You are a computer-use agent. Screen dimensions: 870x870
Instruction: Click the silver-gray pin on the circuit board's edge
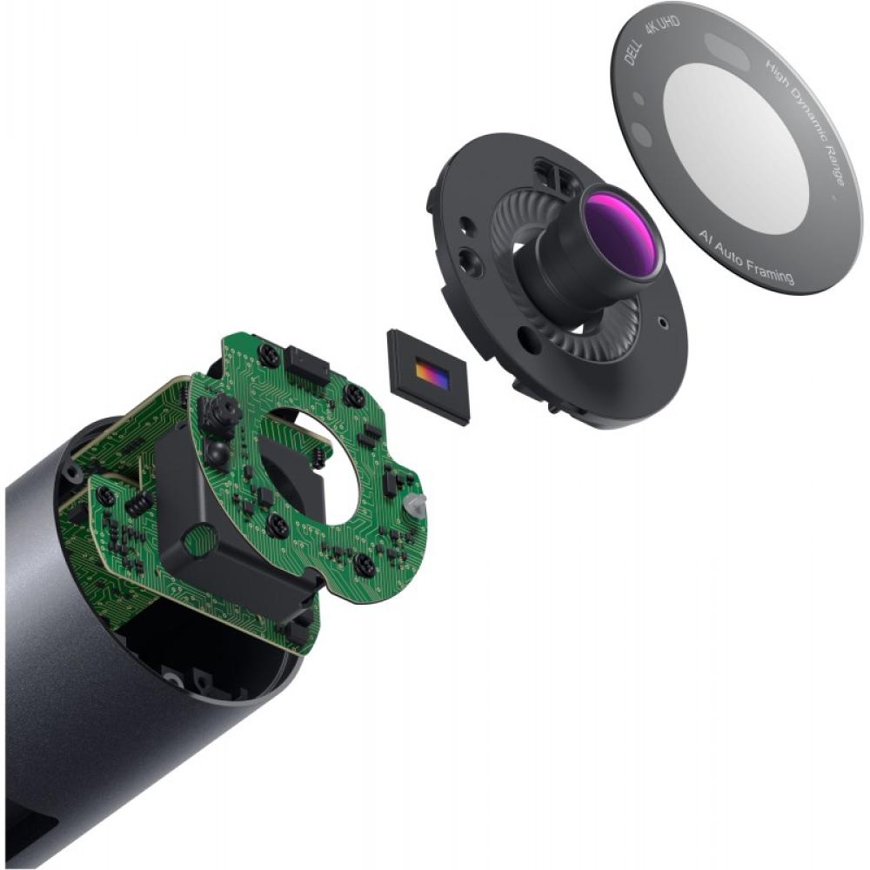(417, 507)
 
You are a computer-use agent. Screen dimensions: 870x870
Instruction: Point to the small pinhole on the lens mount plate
(666, 320)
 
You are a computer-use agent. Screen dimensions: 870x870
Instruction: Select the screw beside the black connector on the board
(269, 354)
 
